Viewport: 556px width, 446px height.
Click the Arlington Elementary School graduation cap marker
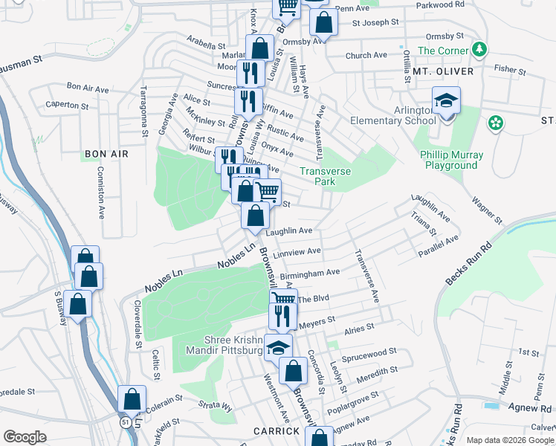446,100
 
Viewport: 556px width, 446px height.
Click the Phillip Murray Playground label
455,160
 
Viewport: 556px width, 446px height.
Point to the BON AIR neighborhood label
106,154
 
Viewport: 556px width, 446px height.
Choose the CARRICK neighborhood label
275,430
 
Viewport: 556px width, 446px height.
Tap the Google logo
25,437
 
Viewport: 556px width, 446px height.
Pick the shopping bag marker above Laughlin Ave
255,216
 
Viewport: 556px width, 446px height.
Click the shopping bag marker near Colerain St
132,400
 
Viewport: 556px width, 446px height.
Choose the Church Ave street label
366,55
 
